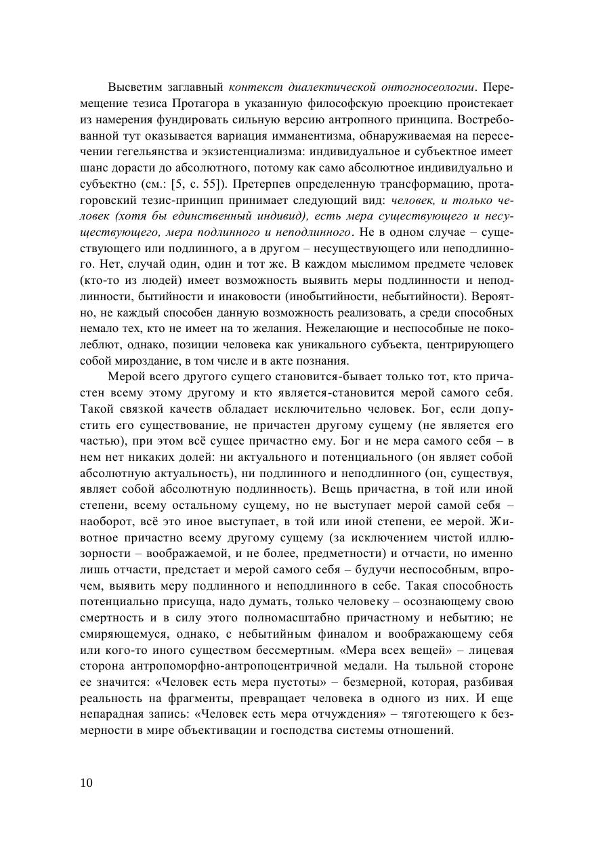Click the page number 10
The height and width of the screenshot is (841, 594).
[86, 783]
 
